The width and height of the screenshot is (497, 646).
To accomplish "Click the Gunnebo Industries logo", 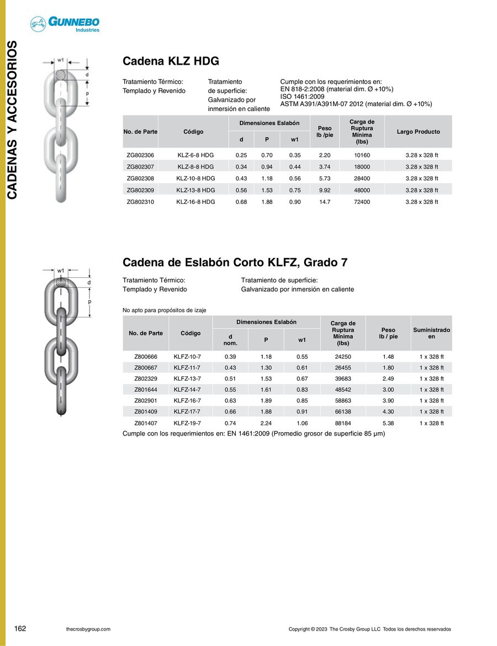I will tap(65, 24).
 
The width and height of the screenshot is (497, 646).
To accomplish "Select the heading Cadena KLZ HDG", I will tap(171, 61).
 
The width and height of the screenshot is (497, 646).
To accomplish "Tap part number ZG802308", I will tap(140, 178).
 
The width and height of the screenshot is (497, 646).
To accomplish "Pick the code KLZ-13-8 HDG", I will tap(195, 190).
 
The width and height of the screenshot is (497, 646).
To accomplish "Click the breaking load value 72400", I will tap(362, 202).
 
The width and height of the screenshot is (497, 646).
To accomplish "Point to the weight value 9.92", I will tap(325, 190).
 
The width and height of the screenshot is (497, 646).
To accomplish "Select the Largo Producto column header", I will tap(418, 132).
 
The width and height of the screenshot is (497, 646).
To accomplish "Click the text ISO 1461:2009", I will tap(302, 96).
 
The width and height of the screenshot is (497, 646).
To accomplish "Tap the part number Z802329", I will tap(146, 379).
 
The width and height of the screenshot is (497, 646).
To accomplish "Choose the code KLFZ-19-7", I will tap(188, 423).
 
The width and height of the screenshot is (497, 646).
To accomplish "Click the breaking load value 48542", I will tap(343, 390).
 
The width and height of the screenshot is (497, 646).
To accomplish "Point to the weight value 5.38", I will tap(388, 423).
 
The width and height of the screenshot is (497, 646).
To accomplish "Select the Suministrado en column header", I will tap(431, 333).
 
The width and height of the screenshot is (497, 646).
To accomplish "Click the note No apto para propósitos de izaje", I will tap(164, 311).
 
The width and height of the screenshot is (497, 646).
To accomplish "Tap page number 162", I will tap(20, 629).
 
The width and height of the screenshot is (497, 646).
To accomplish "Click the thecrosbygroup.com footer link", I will tap(88, 629).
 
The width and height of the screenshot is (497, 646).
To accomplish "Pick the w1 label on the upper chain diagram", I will tap(61, 59).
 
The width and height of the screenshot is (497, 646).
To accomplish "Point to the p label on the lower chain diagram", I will tap(89, 302).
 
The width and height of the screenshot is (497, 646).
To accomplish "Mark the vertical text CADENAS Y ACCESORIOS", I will tap(13, 119).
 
